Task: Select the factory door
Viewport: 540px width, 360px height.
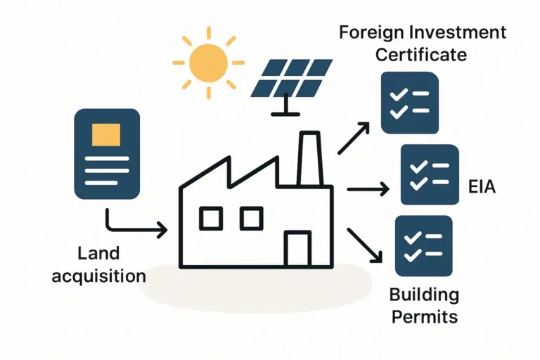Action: pyautogui.click(x=297, y=249)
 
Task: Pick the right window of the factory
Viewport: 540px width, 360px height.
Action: pyautogui.click(x=251, y=218)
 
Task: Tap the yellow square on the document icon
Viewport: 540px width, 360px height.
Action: pyautogui.click(x=106, y=134)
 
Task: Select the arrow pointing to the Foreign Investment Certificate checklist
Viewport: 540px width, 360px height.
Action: pyautogui.click(x=354, y=138)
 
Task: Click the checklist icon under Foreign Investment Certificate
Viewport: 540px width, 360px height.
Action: pyautogui.click(x=409, y=103)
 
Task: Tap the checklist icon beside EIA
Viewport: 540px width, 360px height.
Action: pyautogui.click(x=429, y=174)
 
